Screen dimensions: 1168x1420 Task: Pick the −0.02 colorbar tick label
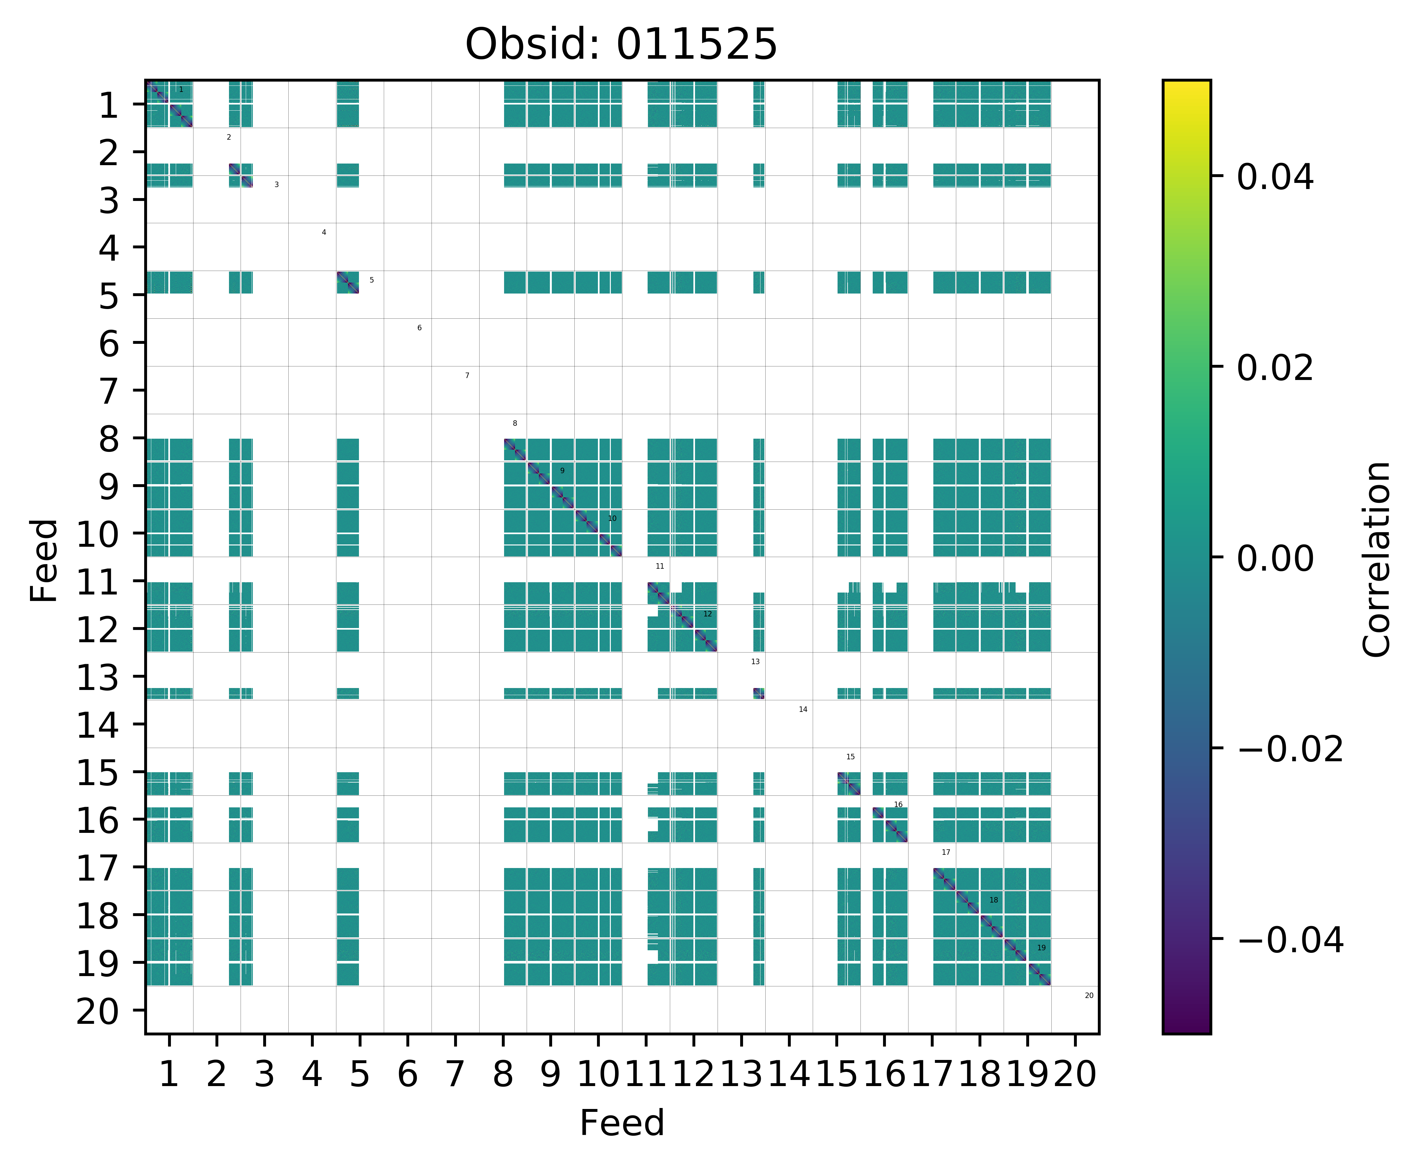click(x=1290, y=749)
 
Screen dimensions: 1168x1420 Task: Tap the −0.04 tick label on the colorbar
click(x=1290, y=939)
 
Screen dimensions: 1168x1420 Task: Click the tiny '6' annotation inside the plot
click(x=419, y=328)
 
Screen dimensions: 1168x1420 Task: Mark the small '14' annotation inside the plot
click(x=802, y=709)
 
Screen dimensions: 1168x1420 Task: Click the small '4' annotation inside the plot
click(x=323, y=232)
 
